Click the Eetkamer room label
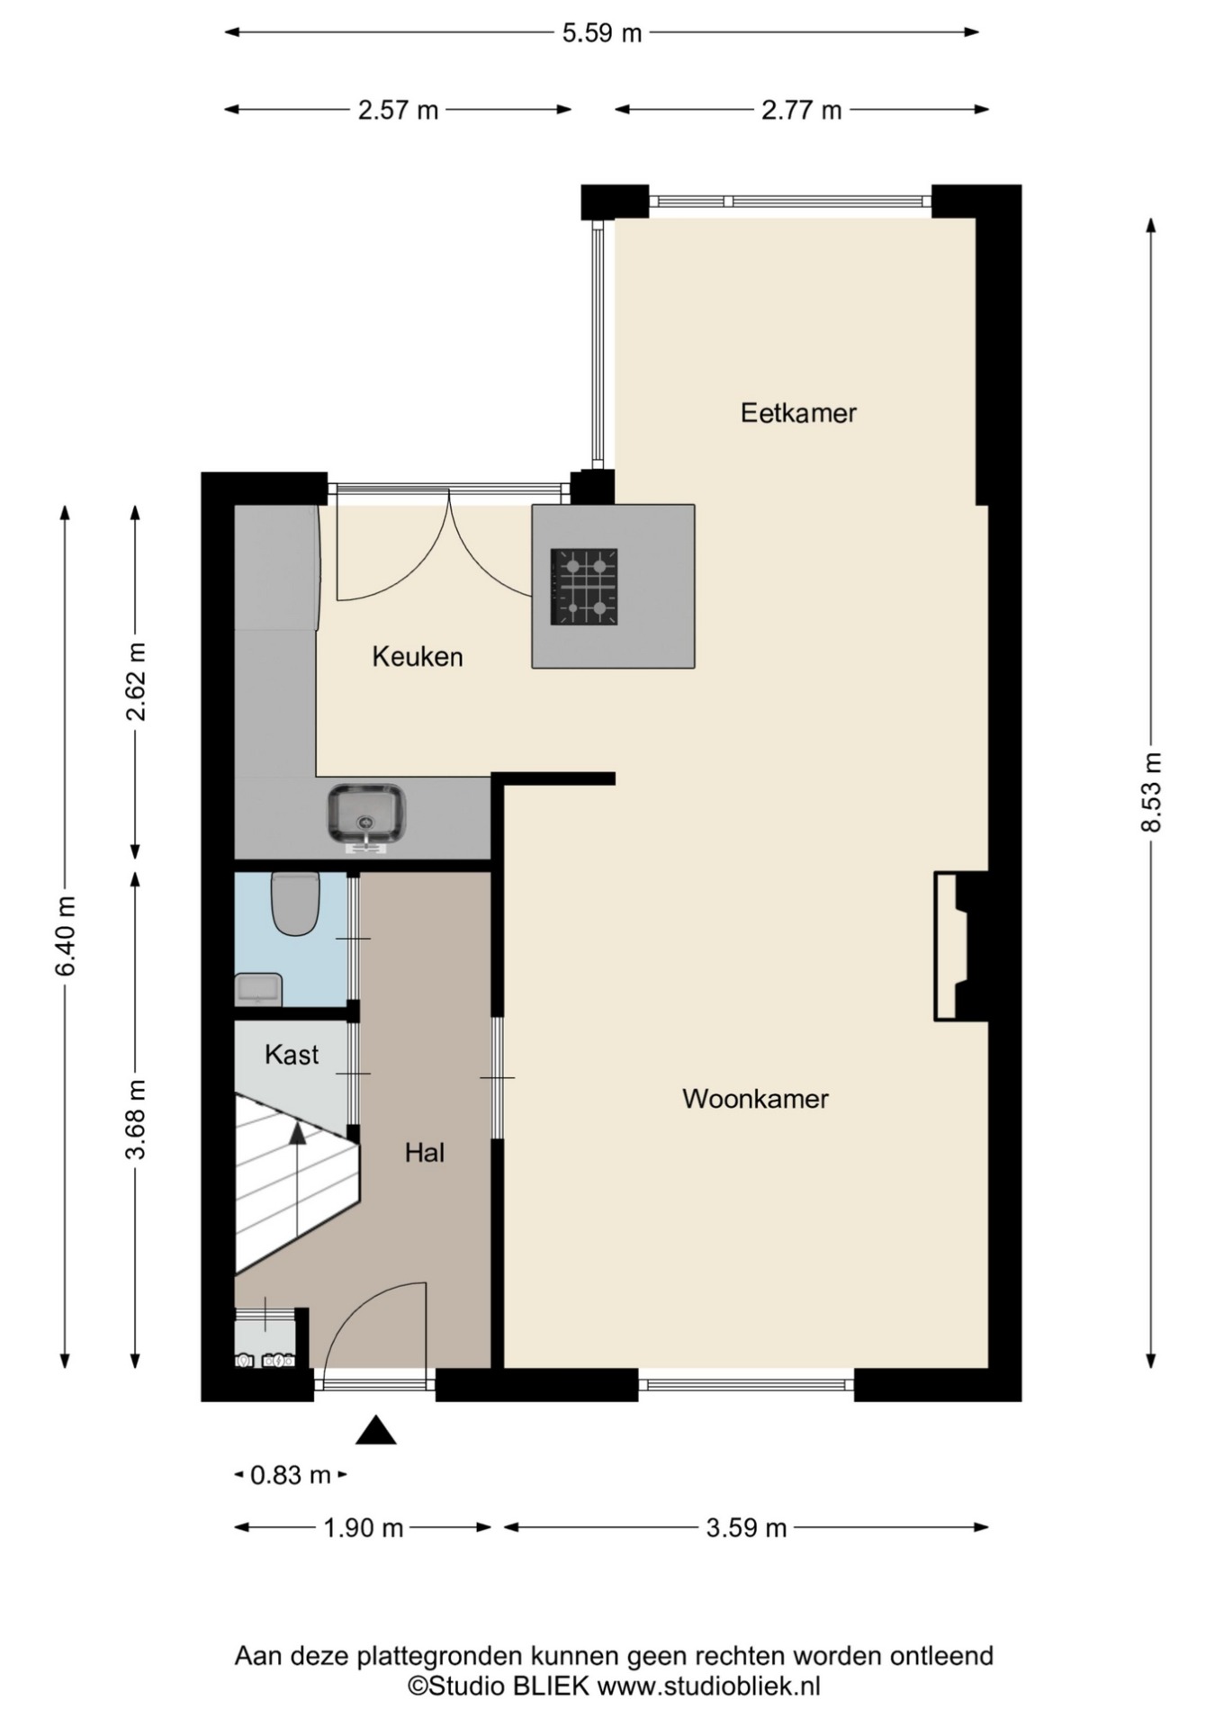pyautogui.click(x=798, y=413)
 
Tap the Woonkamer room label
pyautogui.click(x=755, y=1099)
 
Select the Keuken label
pyautogui.click(x=418, y=657)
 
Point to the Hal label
pyautogui.click(x=425, y=1153)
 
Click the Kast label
pyautogui.click(x=292, y=1055)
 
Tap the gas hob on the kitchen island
pyautogui.click(x=584, y=587)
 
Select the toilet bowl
pyautogui.click(x=295, y=904)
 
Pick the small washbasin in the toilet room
pyautogui.click(x=259, y=990)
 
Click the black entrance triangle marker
pyautogui.click(x=375, y=1431)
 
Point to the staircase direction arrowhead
pyautogui.click(x=297, y=1133)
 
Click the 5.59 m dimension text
pyautogui.click(x=602, y=33)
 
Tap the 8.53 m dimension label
pyautogui.click(x=1151, y=793)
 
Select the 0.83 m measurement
pyautogui.click(x=291, y=1476)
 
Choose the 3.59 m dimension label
pyautogui.click(x=746, y=1528)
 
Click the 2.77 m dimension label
pyautogui.click(x=802, y=110)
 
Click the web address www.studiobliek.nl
pyautogui.click(x=709, y=1686)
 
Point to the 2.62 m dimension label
pyautogui.click(x=136, y=683)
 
